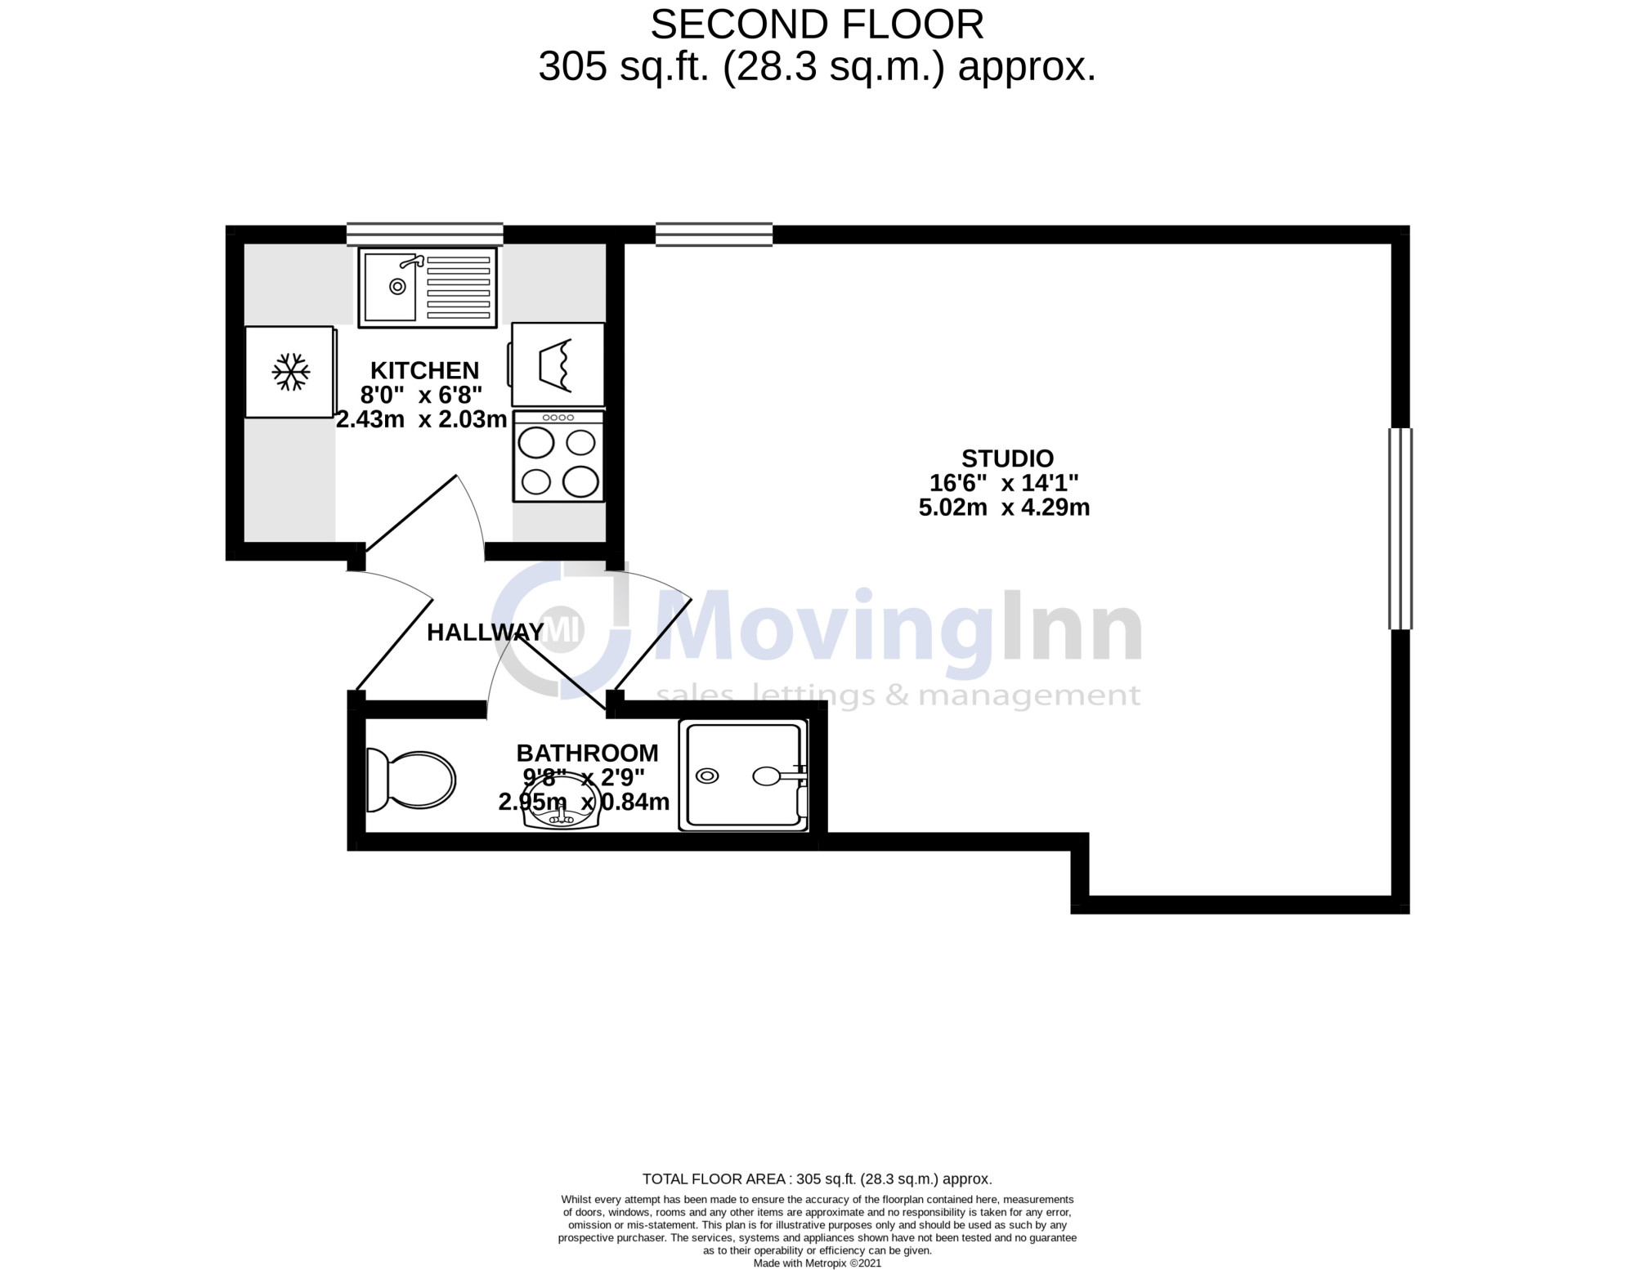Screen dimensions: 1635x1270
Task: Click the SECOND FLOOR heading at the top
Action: point(817,25)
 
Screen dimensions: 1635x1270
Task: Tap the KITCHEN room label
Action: point(424,370)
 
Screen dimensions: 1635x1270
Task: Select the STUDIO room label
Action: point(1007,458)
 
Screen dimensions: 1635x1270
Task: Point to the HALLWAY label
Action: point(486,632)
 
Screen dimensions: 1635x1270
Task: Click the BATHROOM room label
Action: point(587,753)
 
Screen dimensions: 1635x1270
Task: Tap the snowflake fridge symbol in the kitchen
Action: point(291,372)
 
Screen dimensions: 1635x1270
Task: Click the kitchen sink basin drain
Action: point(398,286)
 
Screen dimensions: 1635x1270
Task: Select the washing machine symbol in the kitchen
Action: point(558,364)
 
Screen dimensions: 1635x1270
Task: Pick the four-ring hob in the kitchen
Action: point(558,456)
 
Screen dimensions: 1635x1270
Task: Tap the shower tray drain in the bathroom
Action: point(707,776)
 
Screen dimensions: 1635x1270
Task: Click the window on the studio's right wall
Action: point(1400,529)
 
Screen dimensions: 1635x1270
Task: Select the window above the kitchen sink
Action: point(424,235)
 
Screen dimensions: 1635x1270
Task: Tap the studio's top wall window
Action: point(714,235)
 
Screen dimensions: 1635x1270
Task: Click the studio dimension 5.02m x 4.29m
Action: point(1005,508)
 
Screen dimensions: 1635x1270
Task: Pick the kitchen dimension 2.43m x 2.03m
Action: point(422,420)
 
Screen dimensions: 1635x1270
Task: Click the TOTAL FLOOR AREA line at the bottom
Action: point(817,1179)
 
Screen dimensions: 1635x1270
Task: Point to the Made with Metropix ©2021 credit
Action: point(817,1263)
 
